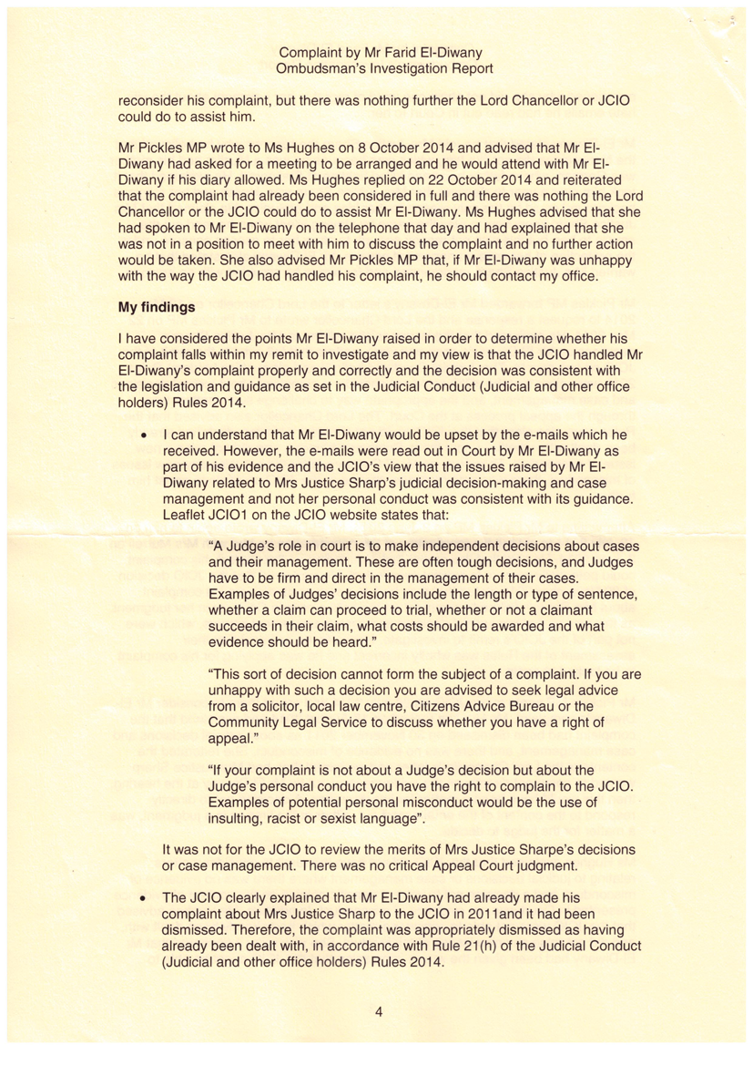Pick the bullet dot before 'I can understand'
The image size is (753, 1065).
pyautogui.click(x=143, y=435)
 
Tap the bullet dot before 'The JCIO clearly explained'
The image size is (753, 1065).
pyautogui.click(x=143, y=897)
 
